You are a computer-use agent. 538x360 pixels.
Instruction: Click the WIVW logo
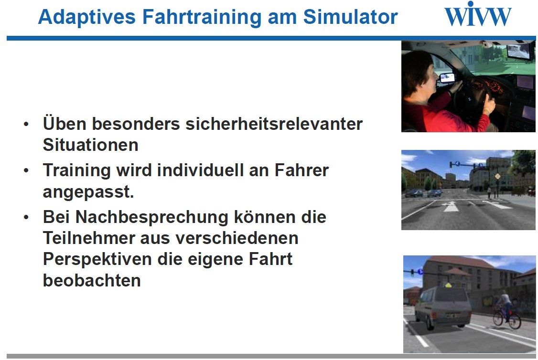[478, 14]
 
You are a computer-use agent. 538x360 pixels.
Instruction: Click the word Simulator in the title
[350, 16]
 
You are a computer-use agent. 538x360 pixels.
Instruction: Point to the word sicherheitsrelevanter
[274, 124]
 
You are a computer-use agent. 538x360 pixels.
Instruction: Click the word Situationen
[91, 145]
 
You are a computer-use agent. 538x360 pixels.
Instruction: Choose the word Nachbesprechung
[151, 217]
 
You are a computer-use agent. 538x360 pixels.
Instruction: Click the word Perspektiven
[97, 260]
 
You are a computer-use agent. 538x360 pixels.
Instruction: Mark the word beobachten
[92, 280]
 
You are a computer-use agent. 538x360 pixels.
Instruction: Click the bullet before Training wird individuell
[26, 170]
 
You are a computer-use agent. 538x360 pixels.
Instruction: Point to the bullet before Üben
[26, 124]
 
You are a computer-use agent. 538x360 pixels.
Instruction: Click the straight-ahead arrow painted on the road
[451, 206]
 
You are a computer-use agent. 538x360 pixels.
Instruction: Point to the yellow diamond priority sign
[497, 176]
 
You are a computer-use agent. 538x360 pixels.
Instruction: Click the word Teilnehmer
[88, 238]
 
